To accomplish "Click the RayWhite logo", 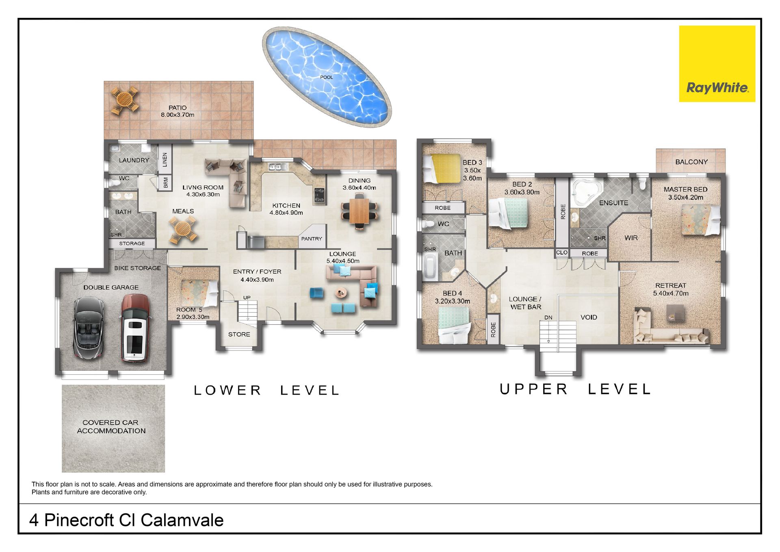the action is pyautogui.click(x=717, y=64).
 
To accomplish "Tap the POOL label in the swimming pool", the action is pyautogui.click(x=326, y=77).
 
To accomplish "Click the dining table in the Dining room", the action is pyautogui.click(x=359, y=211).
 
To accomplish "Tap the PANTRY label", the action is pyautogui.click(x=312, y=239).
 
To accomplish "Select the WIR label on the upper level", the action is pyautogui.click(x=631, y=238).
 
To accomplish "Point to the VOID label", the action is pyautogui.click(x=589, y=317).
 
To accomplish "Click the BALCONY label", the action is pyautogui.click(x=691, y=162).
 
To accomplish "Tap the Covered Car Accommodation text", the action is pyautogui.click(x=111, y=426).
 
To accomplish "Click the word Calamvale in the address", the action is pyautogui.click(x=182, y=520).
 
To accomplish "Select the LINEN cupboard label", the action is pyautogui.click(x=165, y=160).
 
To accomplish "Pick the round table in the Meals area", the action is pyautogui.click(x=183, y=230).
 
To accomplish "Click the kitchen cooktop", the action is pyautogui.click(x=319, y=195).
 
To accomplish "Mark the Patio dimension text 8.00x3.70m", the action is pyautogui.click(x=178, y=115).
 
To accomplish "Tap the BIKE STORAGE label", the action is pyautogui.click(x=137, y=268).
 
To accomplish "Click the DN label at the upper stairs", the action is pyautogui.click(x=548, y=317).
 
